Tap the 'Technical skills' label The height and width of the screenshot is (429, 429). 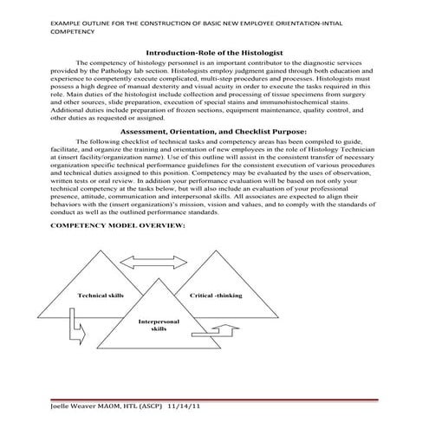(101, 296)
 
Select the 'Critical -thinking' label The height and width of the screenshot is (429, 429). (216, 296)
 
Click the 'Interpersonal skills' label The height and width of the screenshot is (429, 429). (159, 325)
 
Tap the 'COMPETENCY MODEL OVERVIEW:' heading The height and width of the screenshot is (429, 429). (119, 225)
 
